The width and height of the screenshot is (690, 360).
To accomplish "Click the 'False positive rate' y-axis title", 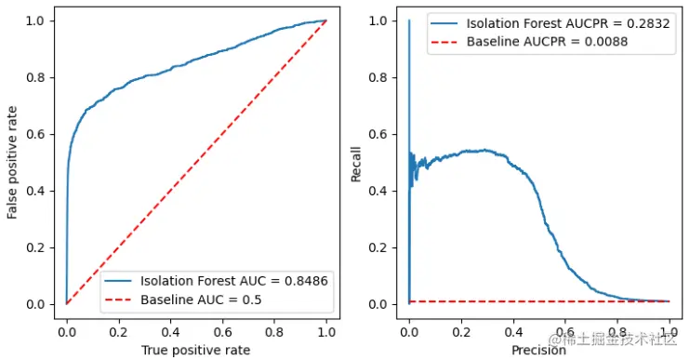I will (x=12, y=162).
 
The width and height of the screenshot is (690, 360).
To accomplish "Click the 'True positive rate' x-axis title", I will (x=196, y=350).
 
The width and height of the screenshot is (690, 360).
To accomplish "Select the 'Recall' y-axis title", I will (x=356, y=162).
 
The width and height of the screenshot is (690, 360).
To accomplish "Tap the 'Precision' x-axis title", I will (x=539, y=350).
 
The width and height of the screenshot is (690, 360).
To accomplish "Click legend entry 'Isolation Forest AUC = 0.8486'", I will (x=233, y=280).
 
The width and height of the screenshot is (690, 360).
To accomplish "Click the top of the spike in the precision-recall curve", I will (x=409, y=20).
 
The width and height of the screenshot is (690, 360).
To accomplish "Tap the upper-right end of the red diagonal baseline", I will (x=326, y=20).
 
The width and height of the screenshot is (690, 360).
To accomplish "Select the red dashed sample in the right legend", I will (x=443, y=43).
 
